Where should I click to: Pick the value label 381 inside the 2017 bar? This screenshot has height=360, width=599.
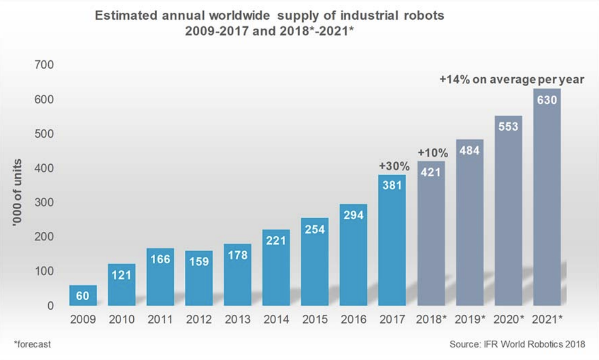click(392, 186)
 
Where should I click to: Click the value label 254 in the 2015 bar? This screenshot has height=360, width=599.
click(315, 229)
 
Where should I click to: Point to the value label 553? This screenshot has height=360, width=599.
click(508, 127)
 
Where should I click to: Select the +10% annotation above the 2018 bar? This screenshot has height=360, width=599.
click(433, 153)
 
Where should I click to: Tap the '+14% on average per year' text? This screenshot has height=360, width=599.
click(511, 80)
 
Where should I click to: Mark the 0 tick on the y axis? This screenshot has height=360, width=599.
click(50, 306)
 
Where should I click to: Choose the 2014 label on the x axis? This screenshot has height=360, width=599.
click(276, 320)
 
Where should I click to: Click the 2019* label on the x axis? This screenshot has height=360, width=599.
click(470, 320)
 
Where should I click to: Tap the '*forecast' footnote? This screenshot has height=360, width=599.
click(32, 344)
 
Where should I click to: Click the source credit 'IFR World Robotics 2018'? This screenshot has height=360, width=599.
click(537, 344)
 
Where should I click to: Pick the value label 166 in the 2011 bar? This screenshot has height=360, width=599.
click(160, 259)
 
